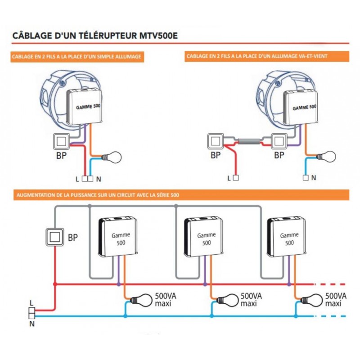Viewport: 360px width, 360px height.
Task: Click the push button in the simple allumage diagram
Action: [x=61, y=141]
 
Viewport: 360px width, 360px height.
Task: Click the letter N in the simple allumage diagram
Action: [x=98, y=179]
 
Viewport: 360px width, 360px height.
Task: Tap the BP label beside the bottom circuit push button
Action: [x=73, y=237]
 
